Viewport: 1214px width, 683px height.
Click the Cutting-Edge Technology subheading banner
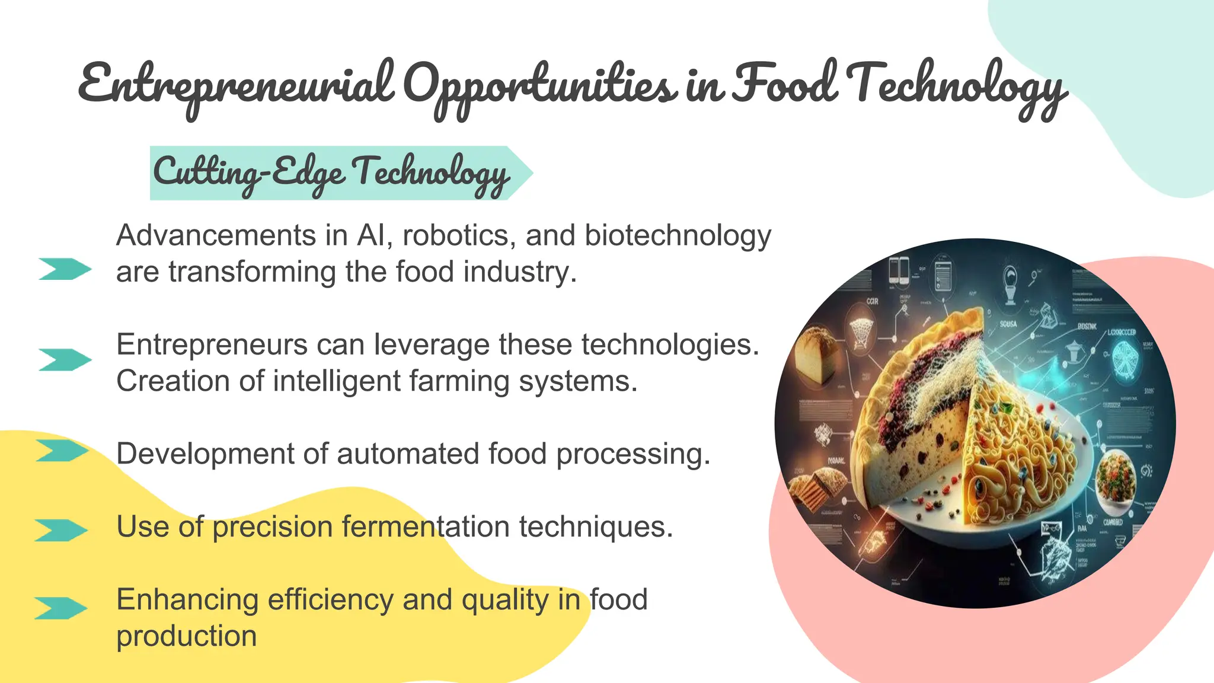tap(332, 173)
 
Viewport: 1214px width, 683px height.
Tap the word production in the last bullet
tap(186, 636)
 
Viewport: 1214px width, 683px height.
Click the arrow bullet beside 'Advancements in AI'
tap(65, 269)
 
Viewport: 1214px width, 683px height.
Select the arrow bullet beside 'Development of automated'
tap(62, 451)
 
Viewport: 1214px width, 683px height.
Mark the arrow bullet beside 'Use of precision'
tap(60, 530)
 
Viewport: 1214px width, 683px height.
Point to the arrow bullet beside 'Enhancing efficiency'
tap(60, 608)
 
